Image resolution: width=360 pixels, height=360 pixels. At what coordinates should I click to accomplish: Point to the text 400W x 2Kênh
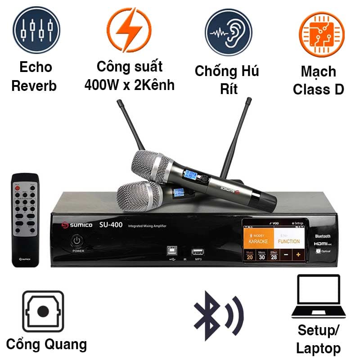coord(130,85)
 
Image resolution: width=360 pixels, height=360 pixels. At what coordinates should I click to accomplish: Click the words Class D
coord(318,89)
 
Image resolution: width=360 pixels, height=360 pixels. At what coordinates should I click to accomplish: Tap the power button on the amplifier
coord(76,240)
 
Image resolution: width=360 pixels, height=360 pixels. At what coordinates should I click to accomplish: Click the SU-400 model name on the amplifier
coord(111,225)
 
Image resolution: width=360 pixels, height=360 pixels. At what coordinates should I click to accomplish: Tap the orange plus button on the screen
coord(297,255)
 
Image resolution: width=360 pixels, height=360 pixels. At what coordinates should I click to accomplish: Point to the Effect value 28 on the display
coord(274,256)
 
